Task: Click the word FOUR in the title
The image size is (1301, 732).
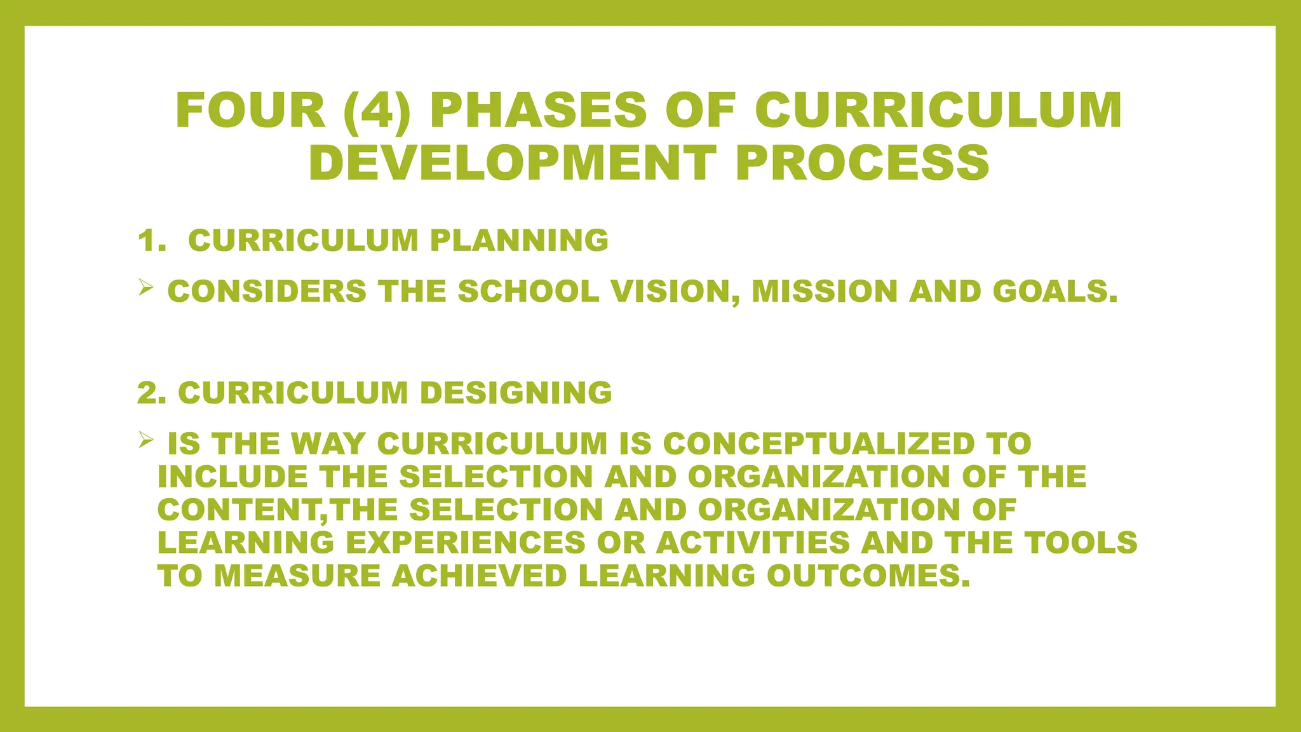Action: (x=250, y=111)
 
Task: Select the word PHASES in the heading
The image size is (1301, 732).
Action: (x=538, y=111)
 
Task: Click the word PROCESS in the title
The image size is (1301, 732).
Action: (x=863, y=163)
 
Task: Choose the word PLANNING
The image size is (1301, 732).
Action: (x=519, y=241)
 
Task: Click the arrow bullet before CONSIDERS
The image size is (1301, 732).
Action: (x=145, y=289)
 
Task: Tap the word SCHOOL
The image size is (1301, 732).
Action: (x=528, y=292)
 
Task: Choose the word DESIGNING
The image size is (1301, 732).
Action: (x=516, y=393)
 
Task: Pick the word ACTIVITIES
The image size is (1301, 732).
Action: (x=753, y=543)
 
